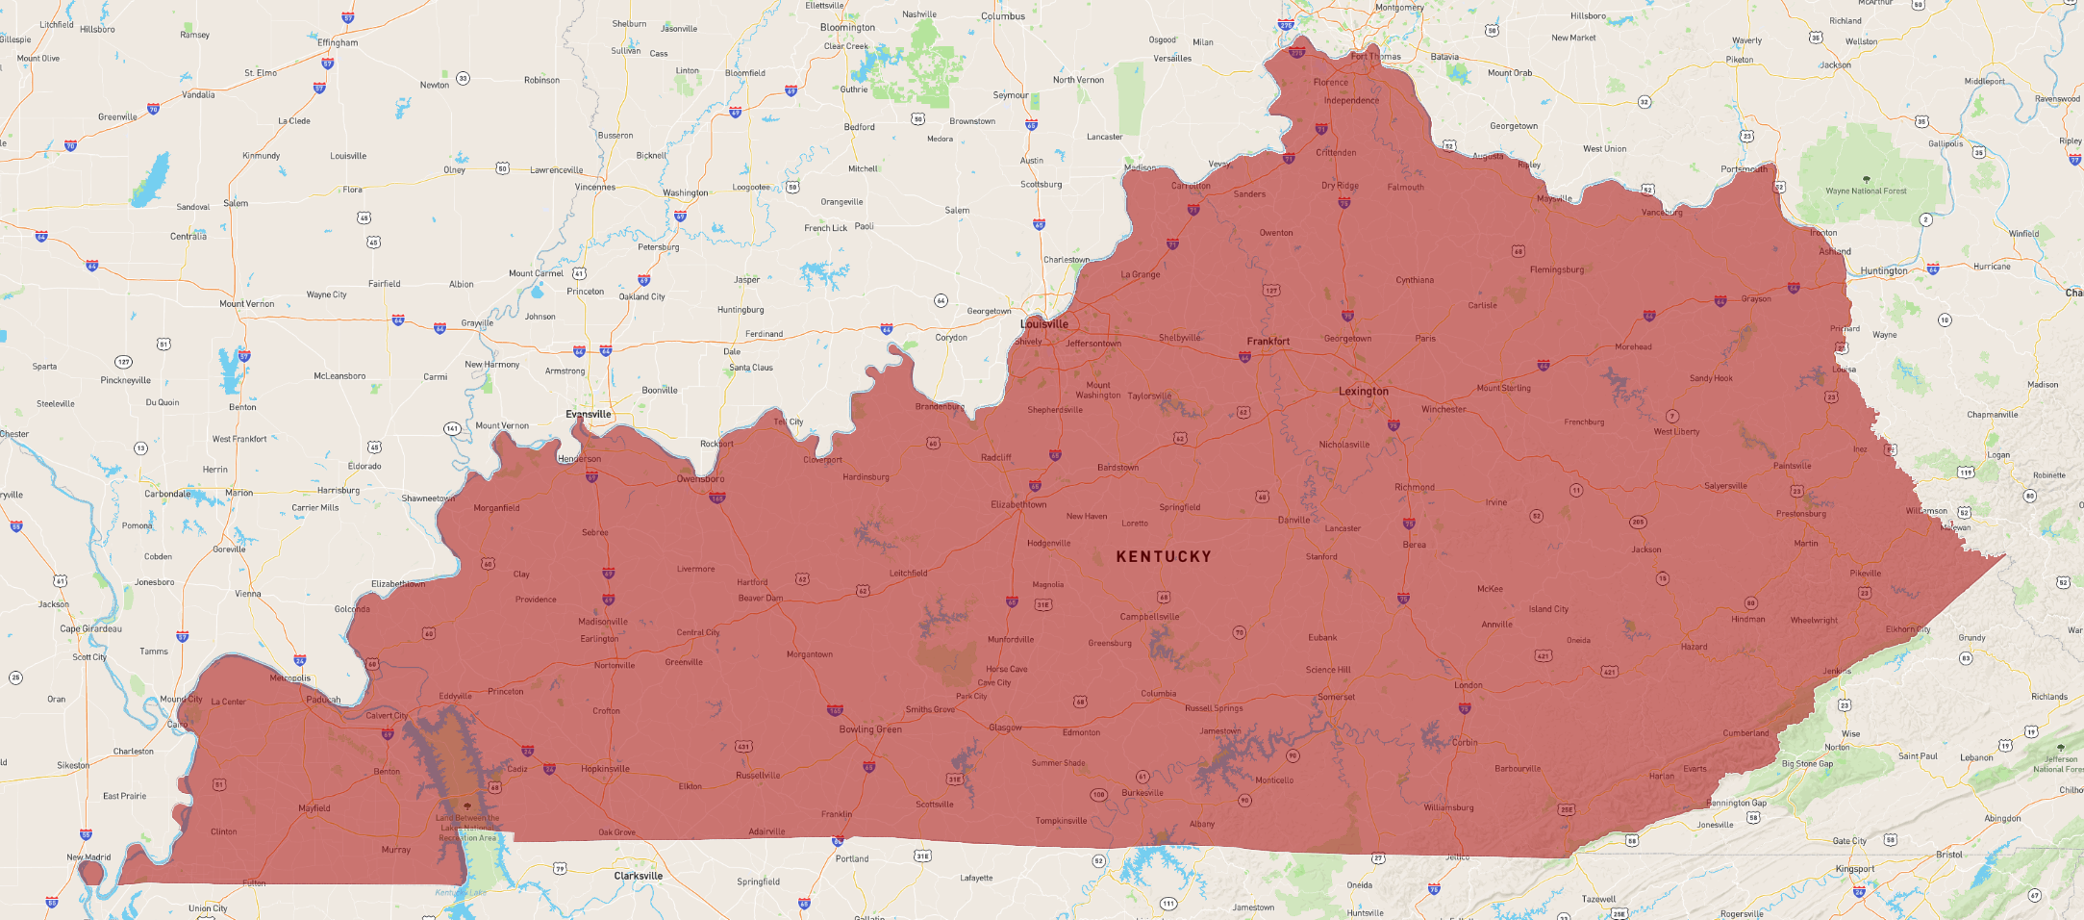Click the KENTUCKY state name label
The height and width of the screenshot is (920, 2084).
click(1164, 556)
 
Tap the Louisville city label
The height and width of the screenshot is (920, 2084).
click(1044, 324)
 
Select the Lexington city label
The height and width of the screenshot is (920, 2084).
click(1363, 392)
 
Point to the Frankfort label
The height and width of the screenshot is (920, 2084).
click(1268, 342)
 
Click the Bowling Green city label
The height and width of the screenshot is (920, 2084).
click(870, 729)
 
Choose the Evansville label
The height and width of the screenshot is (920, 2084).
click(588, 415)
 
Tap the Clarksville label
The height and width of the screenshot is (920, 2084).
click(639, 876)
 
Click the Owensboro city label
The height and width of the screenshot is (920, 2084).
click(700, 479)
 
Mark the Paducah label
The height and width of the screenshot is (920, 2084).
click(323, 700)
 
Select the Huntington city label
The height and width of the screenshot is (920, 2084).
click(1883, 271)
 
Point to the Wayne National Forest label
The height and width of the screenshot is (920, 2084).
click(1866, 192)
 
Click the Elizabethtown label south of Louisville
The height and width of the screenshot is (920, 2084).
click(1018, 505)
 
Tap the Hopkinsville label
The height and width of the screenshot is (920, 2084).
click(605, 769)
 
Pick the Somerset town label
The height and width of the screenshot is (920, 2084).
click(1336, 698)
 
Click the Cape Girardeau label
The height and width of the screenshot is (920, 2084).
click(90, 629)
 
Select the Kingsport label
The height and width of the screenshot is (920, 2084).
click(1854, 869)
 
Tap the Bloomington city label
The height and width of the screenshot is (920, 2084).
click(847, 28)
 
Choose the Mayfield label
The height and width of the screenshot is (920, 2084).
click(314, 808)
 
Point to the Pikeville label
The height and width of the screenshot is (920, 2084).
click(1865, 574)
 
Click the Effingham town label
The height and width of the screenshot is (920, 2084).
click(338, 43)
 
